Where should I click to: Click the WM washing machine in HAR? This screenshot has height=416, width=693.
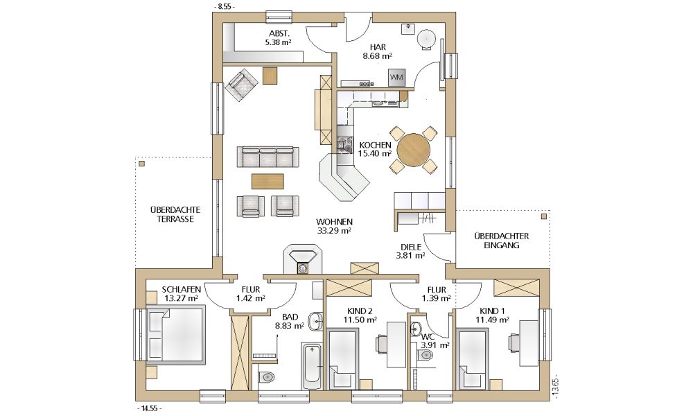[396, 78]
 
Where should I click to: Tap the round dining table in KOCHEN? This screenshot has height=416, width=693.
[414, 150]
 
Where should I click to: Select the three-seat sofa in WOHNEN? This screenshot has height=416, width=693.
[267, 157]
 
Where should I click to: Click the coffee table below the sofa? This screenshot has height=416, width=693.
[267, 181]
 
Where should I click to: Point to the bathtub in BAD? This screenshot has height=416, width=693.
[313, 365]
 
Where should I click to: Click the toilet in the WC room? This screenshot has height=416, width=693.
[426, 354]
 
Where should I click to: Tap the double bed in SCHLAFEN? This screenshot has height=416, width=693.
[176, 336]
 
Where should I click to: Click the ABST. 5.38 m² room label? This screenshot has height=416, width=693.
[279, 38]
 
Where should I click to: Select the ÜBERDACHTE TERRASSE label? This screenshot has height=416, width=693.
[175, 214]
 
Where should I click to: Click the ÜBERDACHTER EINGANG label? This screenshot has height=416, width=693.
[501, 241]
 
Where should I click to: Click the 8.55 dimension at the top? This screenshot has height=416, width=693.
[224, 7]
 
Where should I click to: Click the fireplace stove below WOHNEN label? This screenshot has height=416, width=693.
[303, 259]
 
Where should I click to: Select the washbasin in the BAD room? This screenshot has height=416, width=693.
[316, 321]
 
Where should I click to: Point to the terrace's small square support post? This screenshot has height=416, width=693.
[141, 164]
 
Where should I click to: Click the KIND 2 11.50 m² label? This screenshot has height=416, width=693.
[360, 315]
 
